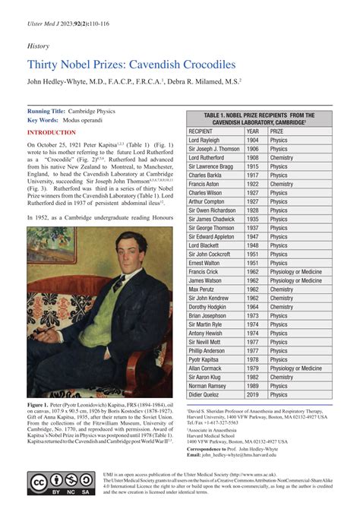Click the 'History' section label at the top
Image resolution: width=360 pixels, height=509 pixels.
[x=38, y=46]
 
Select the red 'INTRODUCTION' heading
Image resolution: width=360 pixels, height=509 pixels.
[x=57, y=132]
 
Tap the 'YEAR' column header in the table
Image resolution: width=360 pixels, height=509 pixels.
[x=252, y=130]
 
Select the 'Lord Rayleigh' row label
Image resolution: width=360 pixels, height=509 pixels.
[x=205, y=140]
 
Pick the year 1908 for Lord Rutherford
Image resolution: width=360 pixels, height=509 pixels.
[x=252, y=158]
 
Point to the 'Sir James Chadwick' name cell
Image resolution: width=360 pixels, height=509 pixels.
[x=213, y=220]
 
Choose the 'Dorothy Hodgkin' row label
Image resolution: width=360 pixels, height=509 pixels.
[x=210, y=307]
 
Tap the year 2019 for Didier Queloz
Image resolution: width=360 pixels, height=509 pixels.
[x=252, y=395]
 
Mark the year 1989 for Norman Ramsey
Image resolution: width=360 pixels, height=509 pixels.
[x=252, y=386]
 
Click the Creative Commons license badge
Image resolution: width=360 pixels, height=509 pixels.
[x=60, y=482]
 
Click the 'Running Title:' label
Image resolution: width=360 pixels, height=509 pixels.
[x=49, y=111]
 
